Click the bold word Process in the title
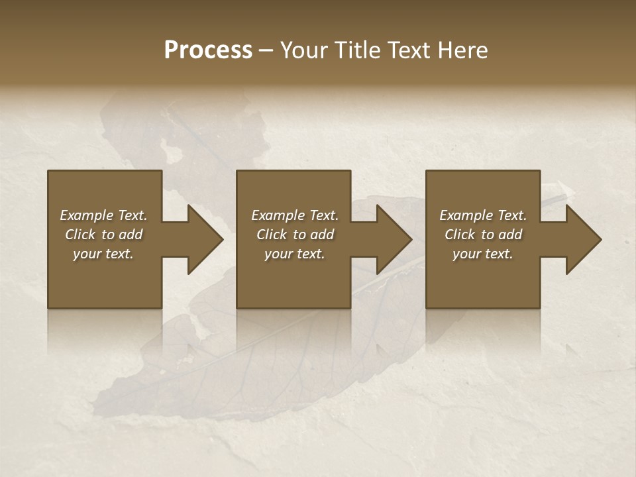pos(208,50)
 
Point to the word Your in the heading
pos(305,50)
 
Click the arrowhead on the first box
pos(205,239)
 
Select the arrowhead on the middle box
pos(394,239)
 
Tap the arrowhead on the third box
pos(583,239)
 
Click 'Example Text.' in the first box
pos(103,215)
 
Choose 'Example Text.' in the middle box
pos(295,215)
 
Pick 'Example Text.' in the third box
pos(483,215)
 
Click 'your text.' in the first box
pos(103,254)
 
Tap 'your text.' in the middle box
pos(295,254)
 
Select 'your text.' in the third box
pos(483,254)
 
